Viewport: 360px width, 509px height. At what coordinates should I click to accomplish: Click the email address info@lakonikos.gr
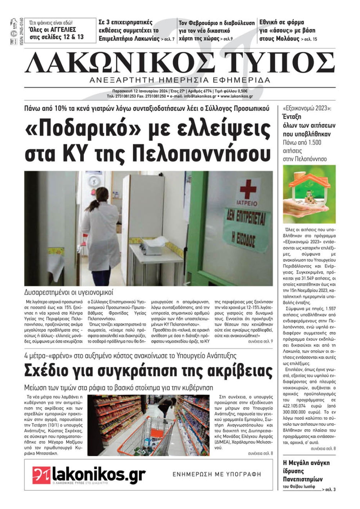[200, 96]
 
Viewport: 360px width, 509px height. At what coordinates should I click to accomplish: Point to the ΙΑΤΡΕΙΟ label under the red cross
[248, 203]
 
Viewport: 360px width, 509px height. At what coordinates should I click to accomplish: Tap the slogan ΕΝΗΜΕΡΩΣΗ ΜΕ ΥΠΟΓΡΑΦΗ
[217, 474]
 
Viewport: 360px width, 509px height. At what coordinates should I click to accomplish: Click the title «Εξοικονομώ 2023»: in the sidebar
[307, 108]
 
